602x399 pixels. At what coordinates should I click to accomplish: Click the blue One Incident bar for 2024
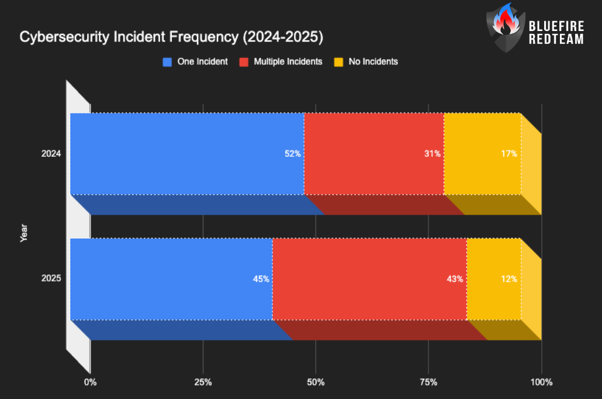(187, 153)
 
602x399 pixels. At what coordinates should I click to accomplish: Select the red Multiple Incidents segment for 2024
(374, 153)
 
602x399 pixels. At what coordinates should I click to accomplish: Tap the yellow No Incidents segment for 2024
(482, 153)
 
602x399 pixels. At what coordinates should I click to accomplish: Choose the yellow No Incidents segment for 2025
(494, 279)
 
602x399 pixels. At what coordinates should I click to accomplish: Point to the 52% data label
(293, 154)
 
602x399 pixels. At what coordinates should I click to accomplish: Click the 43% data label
(455, 279)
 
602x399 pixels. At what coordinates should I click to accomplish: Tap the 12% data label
(508, 279)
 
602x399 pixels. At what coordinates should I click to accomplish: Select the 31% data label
(433, 154)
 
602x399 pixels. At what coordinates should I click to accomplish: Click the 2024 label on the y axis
(51, 154)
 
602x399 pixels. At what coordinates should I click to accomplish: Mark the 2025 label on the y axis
(51, 279)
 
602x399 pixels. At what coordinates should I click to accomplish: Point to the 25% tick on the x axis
(203, 382)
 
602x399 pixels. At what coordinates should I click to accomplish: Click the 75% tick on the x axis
(428, 382)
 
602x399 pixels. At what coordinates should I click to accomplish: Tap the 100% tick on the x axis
(541, 382)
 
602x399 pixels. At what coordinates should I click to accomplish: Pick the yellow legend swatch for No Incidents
(338, 61)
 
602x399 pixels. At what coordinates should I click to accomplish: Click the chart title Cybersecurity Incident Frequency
(171, 37)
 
